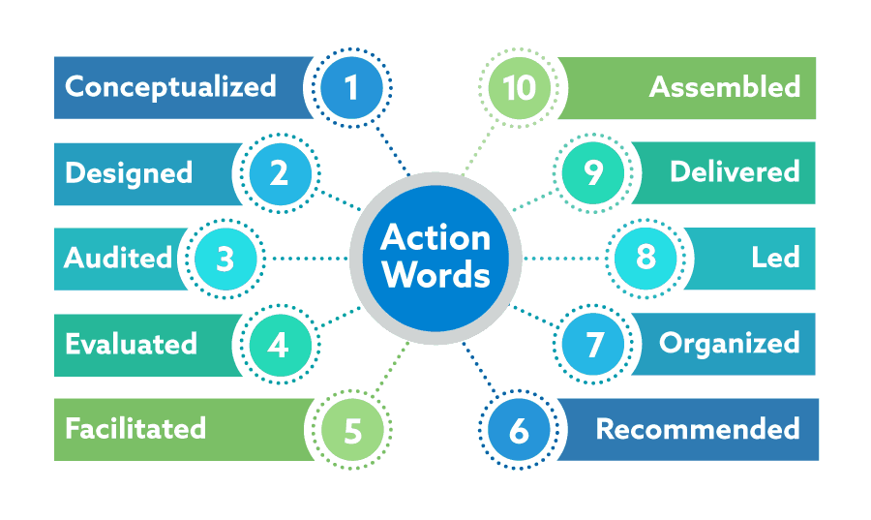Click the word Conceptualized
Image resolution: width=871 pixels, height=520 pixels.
[170, 87]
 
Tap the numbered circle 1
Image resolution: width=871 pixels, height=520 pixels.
[350, 88]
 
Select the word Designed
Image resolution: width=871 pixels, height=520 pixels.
[129, 173]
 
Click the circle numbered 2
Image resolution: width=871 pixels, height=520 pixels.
[279, 173]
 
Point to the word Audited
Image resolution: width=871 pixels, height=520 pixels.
[118, 259]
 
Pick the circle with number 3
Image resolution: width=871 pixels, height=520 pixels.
[225, 260]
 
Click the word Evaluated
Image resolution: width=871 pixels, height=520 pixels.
[131, 344]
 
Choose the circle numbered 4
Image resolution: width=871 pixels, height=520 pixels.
[279, 345]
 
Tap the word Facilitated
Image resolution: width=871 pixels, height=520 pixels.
[135, 428]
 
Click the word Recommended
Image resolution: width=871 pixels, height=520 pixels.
[698, 429]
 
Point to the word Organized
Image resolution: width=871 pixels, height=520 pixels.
[730, 344]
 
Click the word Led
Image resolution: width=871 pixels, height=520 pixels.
[775, 259]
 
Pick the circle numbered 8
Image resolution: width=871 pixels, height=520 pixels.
[646, 259]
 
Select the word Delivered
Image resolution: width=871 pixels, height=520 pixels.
[735, 172]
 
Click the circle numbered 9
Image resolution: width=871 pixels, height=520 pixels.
[594, 173]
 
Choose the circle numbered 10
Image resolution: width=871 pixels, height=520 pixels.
[519, 88]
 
